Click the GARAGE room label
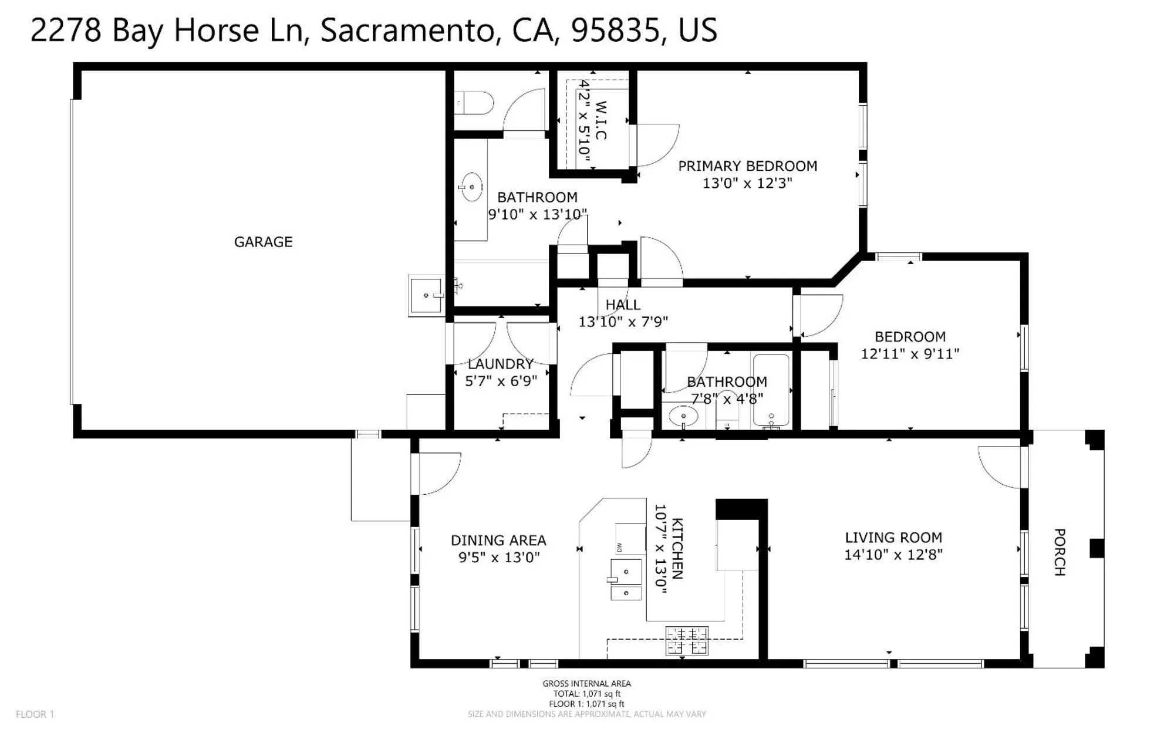pos(263,242)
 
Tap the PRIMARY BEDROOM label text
pos(747,166)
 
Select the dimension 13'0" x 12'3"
pos(747,183)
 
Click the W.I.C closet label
pos(601,120)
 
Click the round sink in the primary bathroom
pos(471,187)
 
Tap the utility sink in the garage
pos(426,296)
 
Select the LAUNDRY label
pos(501,364)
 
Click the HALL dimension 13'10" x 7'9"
pos(623,322)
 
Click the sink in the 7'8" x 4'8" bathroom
pos(683,416)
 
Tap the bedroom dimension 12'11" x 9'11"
pos(910,354)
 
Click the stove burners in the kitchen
pos(687,641)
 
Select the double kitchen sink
pos(626,580)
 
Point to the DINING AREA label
pos(498,540)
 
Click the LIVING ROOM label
pos(893,538)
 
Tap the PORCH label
pos(1060,552)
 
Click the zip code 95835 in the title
pos(615,30)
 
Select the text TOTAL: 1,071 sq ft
pos(586,694)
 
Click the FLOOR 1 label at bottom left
pos(35,714)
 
